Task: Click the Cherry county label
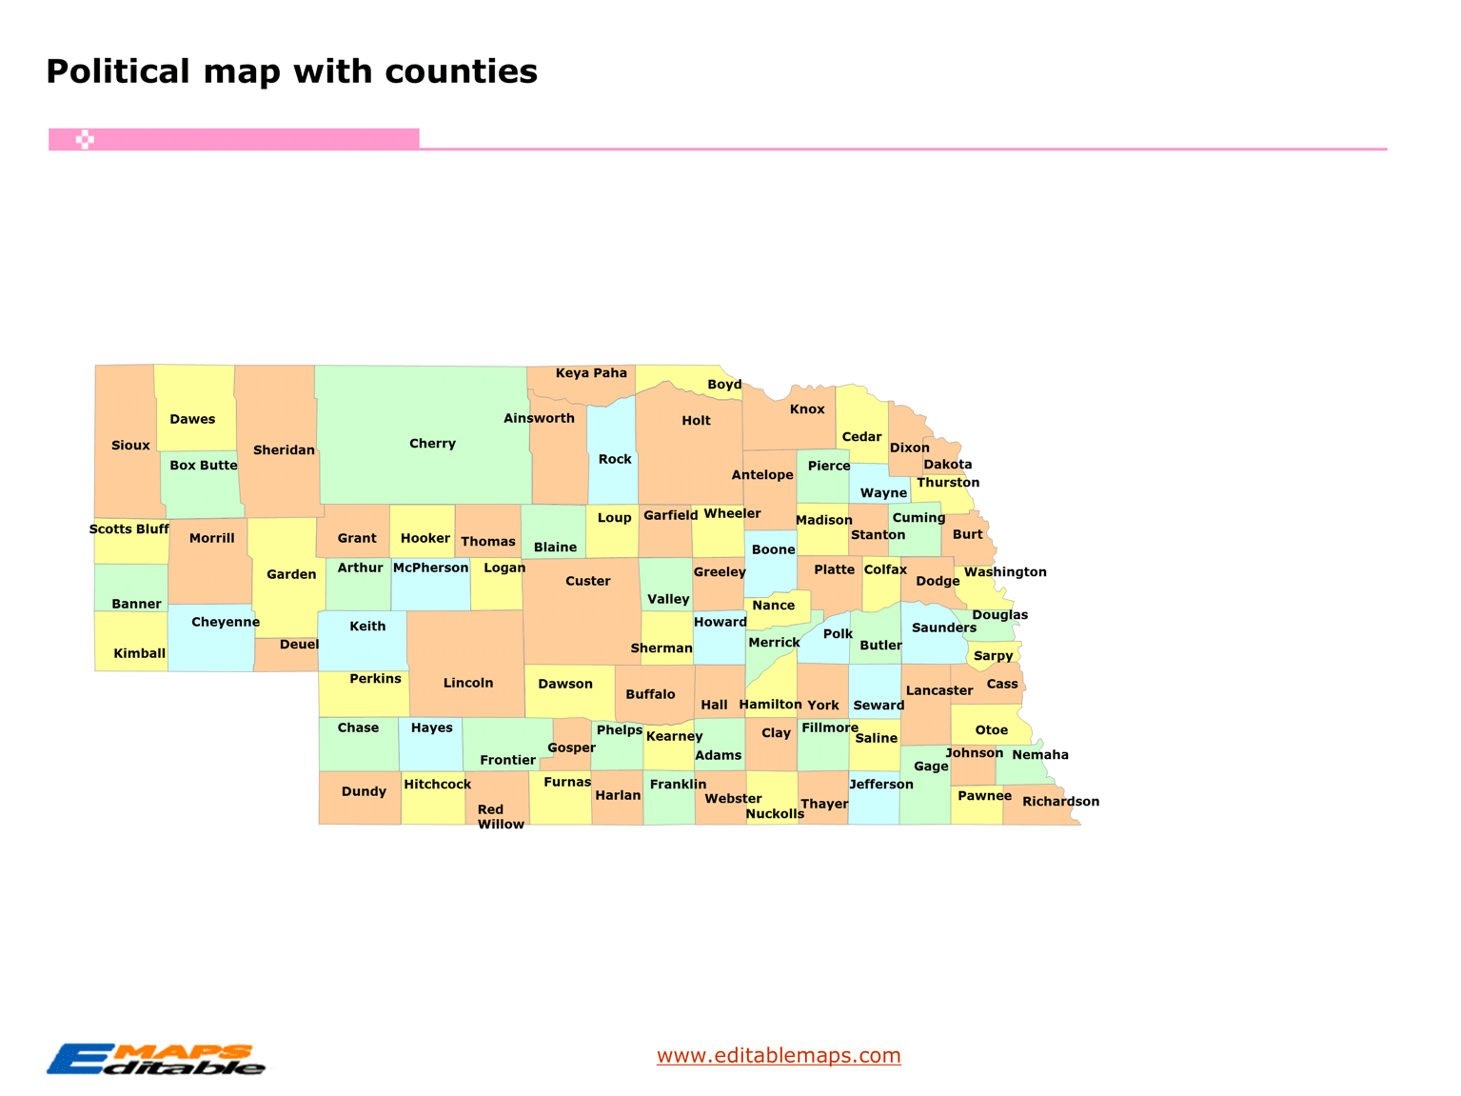click(432, 444)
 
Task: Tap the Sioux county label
click(130, 446)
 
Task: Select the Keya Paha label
click(591, 373)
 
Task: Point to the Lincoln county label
click(468, 683)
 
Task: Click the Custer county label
click(587, 581)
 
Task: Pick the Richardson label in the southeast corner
click(1060, 802)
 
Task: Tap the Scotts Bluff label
click(129, 529)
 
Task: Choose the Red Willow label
click(500, 817)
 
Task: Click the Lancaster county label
click(938, 690)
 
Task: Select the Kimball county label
click(139, 653)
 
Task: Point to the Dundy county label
click(364, 791)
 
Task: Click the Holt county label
click(696, 420)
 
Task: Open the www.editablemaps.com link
click(779, 1055)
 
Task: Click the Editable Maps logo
click(156, 1059)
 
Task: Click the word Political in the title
click(118, 71)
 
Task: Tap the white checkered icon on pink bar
click(85, 140)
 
